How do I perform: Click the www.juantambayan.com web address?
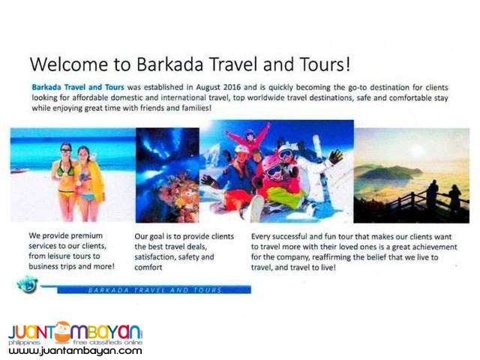[75, 350]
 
